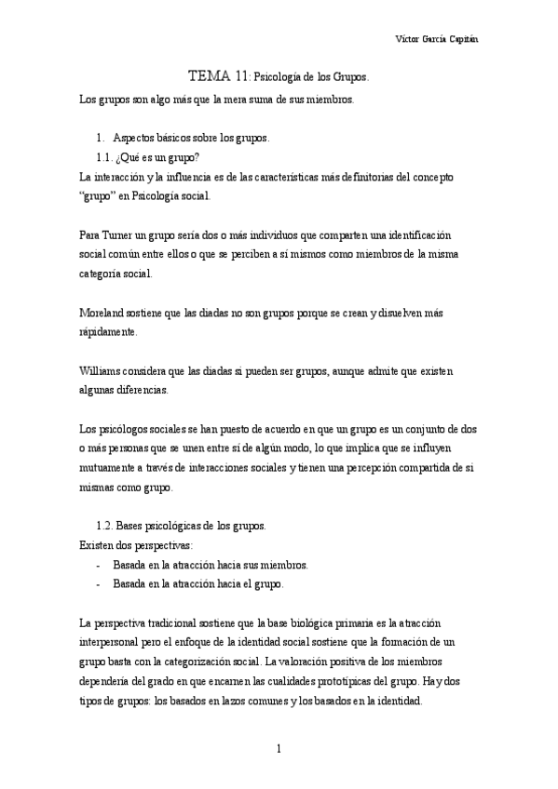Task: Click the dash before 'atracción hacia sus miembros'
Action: (x=98, y=565)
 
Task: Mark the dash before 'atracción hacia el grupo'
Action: (x=98, y=584)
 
